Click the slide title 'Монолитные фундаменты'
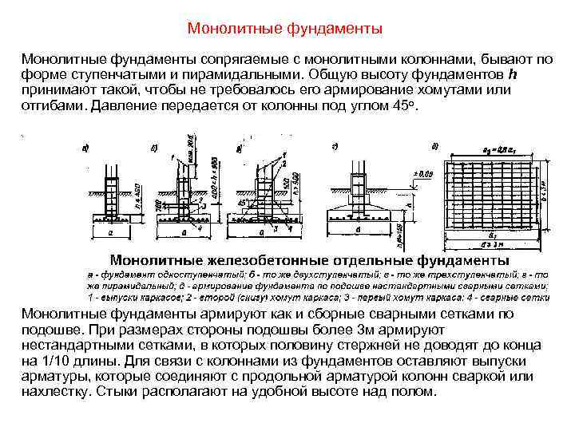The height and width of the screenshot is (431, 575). [285, 30]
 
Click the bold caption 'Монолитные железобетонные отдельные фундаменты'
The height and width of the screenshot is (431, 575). [309, 260]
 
